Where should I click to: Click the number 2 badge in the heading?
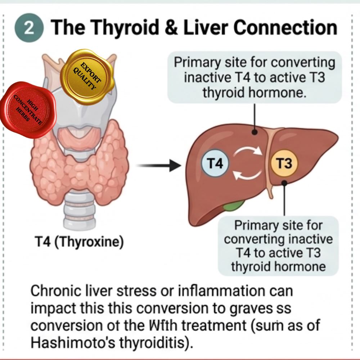[x=29, y=29]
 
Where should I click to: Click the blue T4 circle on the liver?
[x=216, y=164]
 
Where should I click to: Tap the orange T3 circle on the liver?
[x=284, y=164]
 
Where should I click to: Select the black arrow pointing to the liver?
[x=158, y=166]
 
